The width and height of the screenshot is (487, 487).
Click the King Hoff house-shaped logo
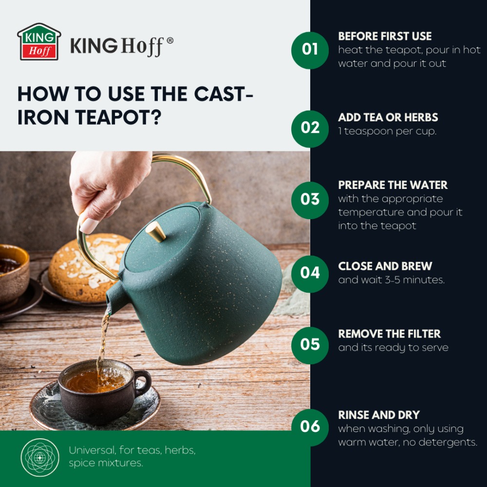(39, 41)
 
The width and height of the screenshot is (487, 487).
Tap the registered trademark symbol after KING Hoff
(170, 41)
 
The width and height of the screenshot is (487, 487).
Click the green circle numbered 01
(310, 50)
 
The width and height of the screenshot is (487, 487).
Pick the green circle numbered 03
(310, 200)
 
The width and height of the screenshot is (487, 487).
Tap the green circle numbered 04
(310, 274)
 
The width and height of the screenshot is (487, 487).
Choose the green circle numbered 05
(310, 345)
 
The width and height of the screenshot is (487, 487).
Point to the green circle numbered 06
(310, 428)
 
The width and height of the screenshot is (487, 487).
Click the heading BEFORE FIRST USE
(385, 37)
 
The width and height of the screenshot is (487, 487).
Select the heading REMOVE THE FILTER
(390, 334)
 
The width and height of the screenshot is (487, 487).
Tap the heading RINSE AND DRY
(379, 415)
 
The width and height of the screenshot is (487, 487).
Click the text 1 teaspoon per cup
(387, 131)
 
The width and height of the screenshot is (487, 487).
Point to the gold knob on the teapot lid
(156, 231)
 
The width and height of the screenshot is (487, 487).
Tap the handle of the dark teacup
(143, 383)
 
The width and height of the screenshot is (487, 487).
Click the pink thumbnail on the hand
(89, 225)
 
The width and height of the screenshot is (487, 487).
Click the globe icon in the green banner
(40, 457)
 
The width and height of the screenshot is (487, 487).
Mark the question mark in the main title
(157, 117)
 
